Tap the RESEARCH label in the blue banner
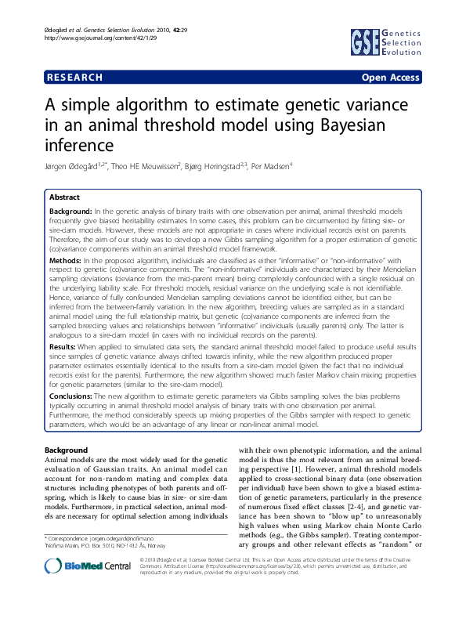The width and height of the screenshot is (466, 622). (75, 78)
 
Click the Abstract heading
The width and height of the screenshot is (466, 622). (64, 197)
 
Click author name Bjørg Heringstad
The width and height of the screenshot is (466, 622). (221, 165)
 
